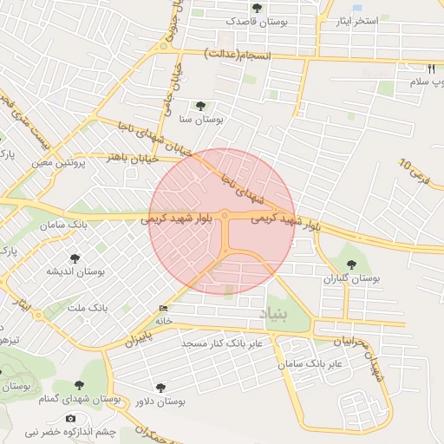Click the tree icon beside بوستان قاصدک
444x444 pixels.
point(257,9)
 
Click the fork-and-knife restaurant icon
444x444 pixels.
point(431,68)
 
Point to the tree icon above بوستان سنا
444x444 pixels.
point(201,106)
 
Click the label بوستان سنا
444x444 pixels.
point(200,120)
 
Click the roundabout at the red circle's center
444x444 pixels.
point(225,215)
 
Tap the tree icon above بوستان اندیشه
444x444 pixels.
point(75,258)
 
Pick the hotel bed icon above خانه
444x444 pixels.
point(163,308)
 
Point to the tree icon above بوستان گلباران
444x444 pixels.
point(352,264)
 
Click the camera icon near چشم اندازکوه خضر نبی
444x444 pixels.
point(70,419)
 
